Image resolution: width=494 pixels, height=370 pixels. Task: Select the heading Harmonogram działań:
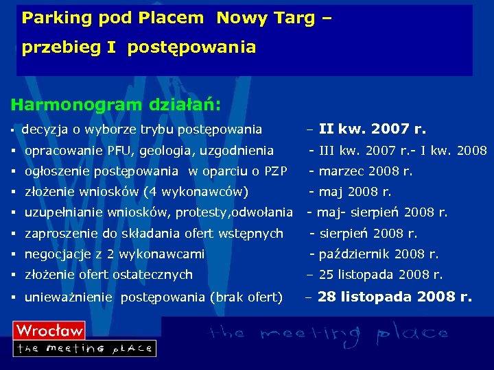pos(115,105)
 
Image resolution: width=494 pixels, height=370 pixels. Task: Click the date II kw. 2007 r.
pos(373,129)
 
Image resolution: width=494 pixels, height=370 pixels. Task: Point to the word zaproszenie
pos(62,234)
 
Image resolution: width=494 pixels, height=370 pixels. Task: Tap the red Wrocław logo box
pos(49,330)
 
